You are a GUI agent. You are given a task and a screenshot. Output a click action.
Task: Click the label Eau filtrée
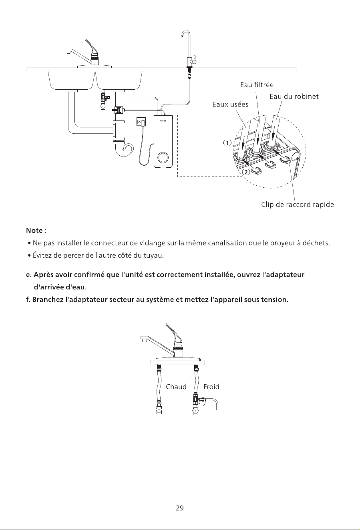click(x=257, y=85)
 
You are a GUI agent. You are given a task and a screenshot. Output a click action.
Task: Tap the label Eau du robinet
click(x=294, y=96)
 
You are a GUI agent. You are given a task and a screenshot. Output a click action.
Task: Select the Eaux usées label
click(x=230, y=104)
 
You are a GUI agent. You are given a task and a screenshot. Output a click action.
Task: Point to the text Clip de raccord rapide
click(x=298, y=205)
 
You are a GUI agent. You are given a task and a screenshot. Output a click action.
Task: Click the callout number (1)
click(x=227, y=143)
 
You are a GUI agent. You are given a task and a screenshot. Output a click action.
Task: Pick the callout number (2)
click(x=246, y=172)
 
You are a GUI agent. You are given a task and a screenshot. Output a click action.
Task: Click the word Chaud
click(x=176, y=387)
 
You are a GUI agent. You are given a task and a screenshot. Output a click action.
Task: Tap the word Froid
click(x=211, y=387)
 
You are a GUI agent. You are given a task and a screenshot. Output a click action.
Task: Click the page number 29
click(x=180, y=508)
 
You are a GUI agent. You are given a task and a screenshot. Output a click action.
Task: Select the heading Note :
click(x=36, y=231)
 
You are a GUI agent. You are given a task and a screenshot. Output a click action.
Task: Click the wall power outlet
click(x=141, y=122)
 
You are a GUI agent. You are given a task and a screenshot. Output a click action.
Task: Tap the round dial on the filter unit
click(x=163, y=158)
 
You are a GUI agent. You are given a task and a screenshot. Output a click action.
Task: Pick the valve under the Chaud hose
click(x=159, y=408)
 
